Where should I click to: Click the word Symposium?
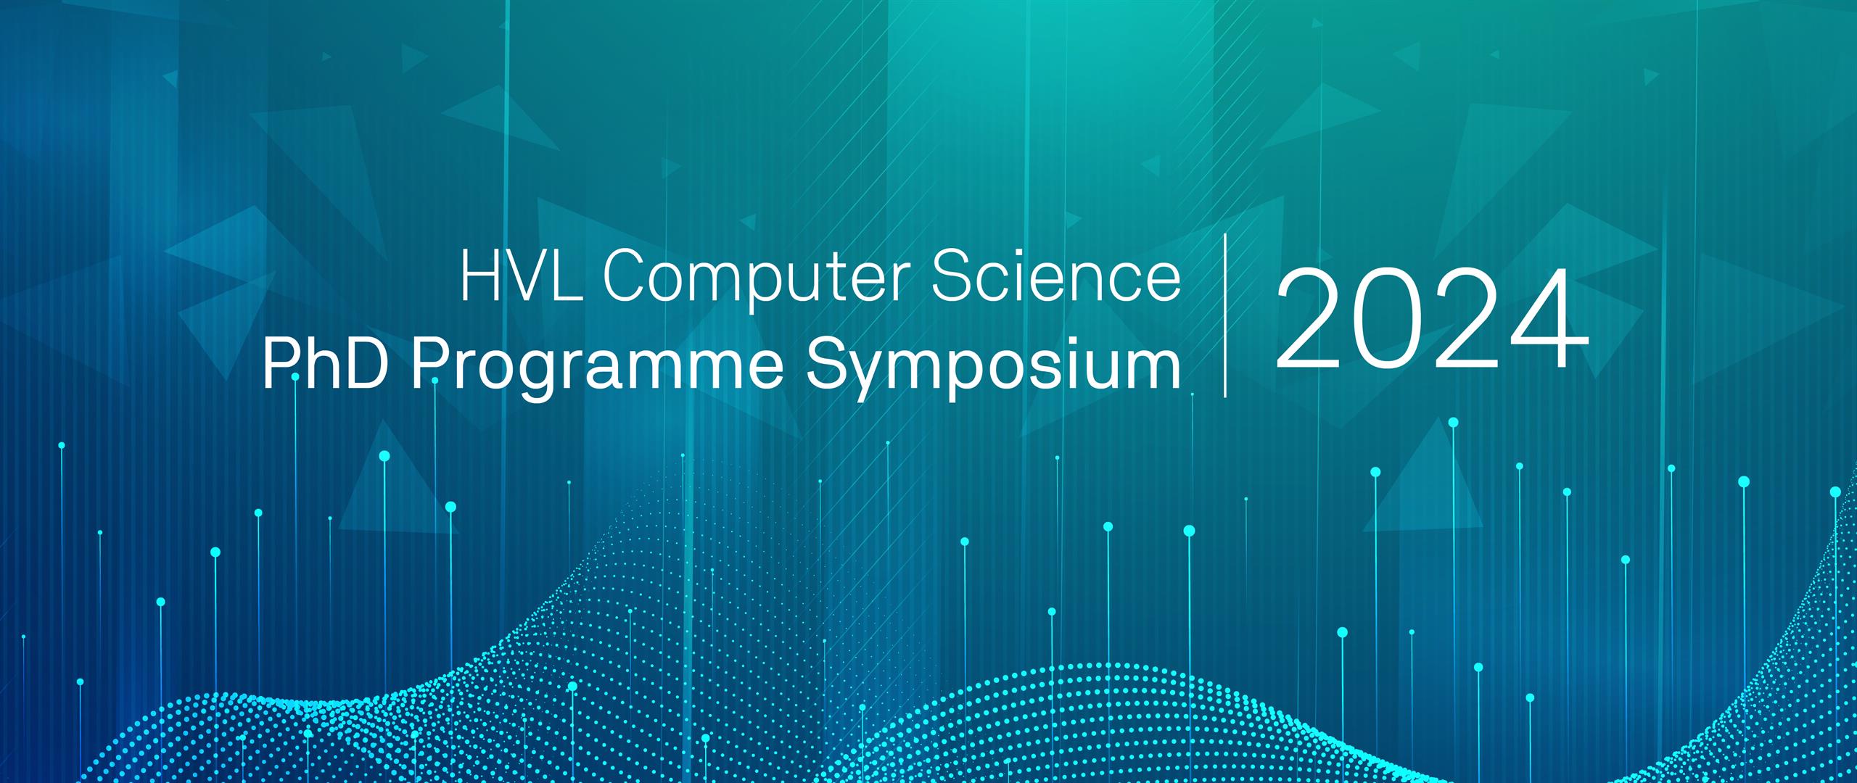coord(993,370)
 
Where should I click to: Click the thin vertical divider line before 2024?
coord(1225,315)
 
